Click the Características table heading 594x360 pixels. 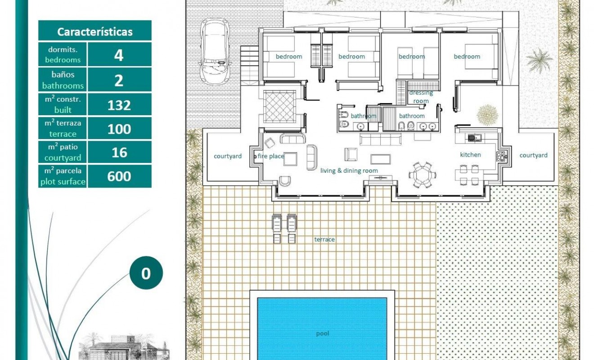[x=94, y=32]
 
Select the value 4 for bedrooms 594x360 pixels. [x=119, y=55]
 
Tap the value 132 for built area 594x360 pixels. [x=119, y=105]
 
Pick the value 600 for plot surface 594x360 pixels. [x=119, y=176]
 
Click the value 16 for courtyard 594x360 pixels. [x=119, y=153]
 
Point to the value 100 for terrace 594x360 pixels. [x=119, y=129]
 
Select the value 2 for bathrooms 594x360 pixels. [x=119, y=81]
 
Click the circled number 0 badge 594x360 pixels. [x=146, y=273]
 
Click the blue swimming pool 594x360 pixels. [x=322, y=328]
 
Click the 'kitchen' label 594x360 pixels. [x=470, y=155]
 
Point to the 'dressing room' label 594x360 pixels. [x=421, y=97]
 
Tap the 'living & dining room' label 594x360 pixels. [x=349, y=171]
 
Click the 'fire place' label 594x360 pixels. [x=271, y=156]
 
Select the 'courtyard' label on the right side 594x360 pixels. [x=533, y=155]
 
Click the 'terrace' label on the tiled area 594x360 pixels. [x=324, y=239]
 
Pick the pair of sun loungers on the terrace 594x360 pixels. [x=284, y=228]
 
